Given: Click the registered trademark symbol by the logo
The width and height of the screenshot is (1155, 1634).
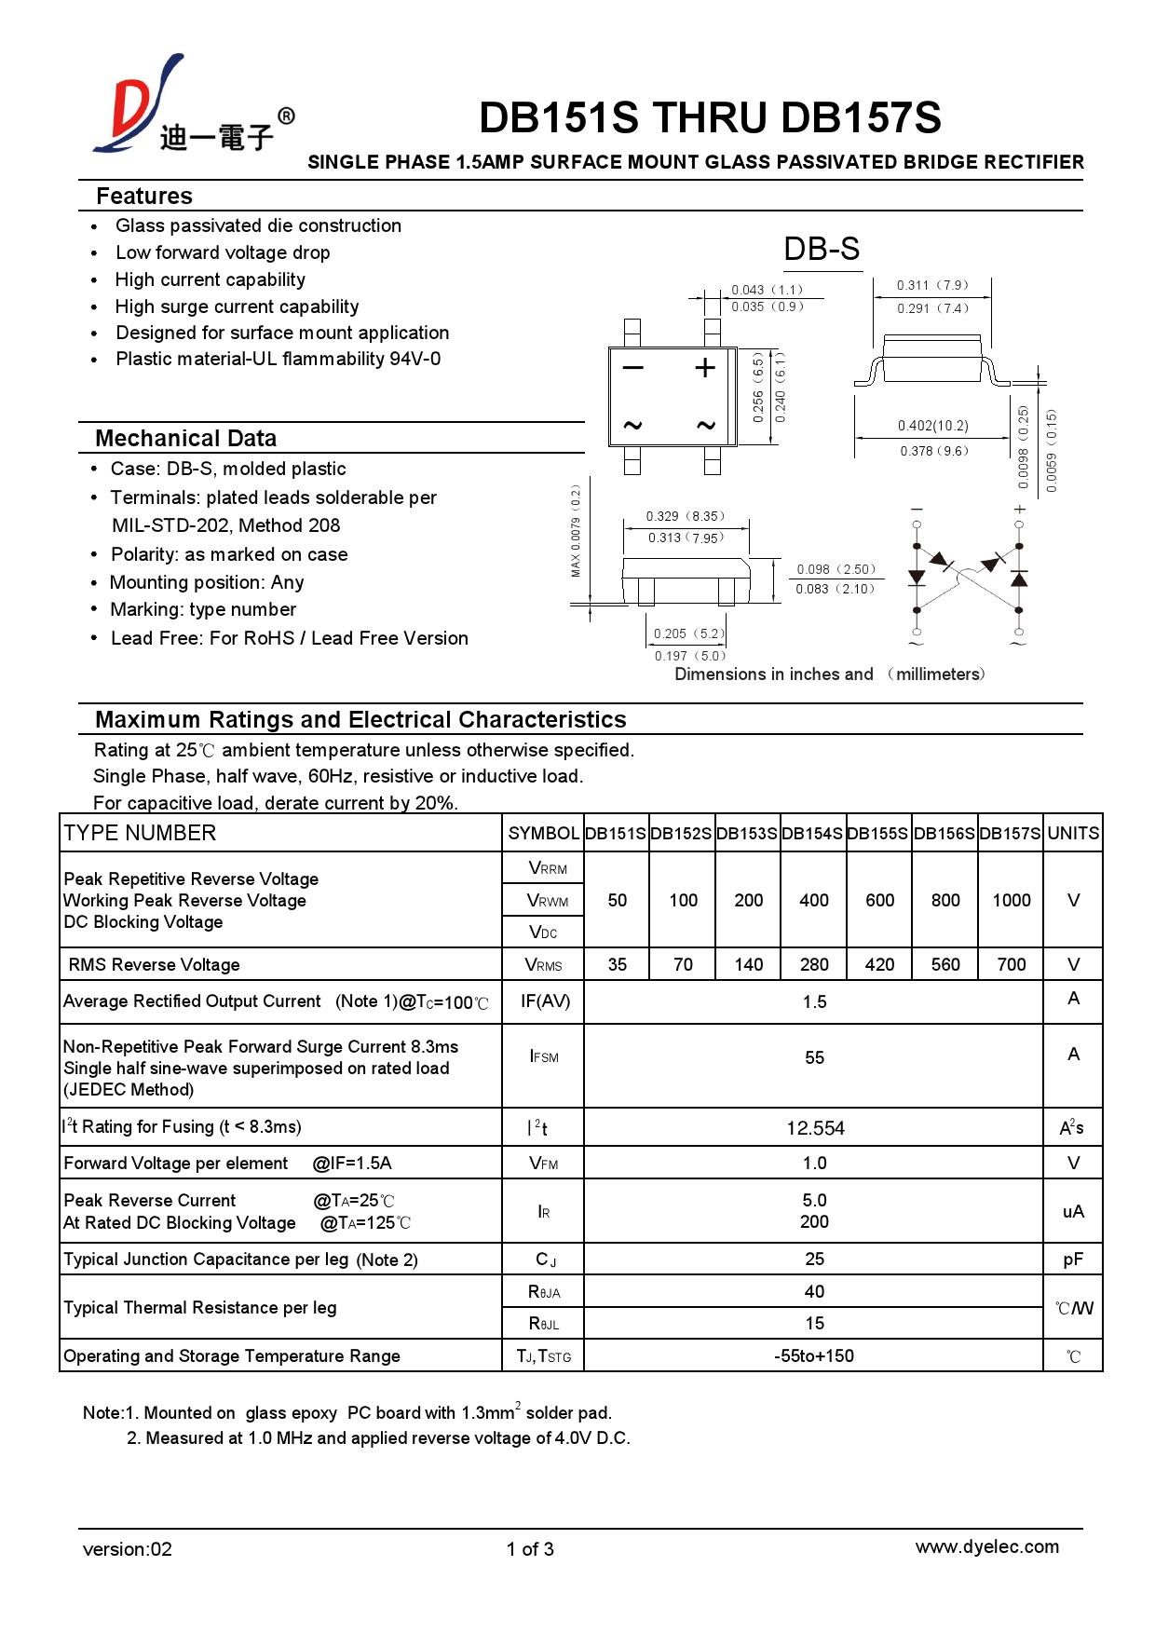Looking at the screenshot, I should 287,116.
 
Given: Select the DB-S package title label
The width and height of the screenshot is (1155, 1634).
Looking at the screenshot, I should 821,249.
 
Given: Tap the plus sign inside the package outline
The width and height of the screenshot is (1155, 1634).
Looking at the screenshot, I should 705,367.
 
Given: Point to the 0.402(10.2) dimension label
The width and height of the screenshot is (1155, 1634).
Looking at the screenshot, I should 932,426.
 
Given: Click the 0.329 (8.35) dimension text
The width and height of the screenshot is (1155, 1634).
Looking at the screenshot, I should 685,516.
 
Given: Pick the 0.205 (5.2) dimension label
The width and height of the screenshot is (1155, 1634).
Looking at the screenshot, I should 688,633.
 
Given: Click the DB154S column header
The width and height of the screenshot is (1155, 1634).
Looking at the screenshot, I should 812,834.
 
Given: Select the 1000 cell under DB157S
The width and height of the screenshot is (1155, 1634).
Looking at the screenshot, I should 1011,900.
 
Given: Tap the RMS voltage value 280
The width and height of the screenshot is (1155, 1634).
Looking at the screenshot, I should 813,965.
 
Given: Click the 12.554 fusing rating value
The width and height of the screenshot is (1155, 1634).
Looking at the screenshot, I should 814,1128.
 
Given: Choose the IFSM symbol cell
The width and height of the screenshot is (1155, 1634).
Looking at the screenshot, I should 543,1056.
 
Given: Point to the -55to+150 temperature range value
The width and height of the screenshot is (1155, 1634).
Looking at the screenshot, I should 813,1356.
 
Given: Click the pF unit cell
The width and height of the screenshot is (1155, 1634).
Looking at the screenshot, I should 1072,1260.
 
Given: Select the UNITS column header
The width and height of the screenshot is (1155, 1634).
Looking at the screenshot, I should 1072,834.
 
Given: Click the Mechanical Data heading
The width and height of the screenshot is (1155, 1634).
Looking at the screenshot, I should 185,439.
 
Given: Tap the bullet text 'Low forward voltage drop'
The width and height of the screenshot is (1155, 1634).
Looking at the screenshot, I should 223,252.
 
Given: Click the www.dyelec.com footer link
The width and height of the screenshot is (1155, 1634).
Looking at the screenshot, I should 986,1547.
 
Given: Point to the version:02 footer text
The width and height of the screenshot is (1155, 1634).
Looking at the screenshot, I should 127,1549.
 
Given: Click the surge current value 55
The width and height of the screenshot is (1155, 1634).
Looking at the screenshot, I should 813,1058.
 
